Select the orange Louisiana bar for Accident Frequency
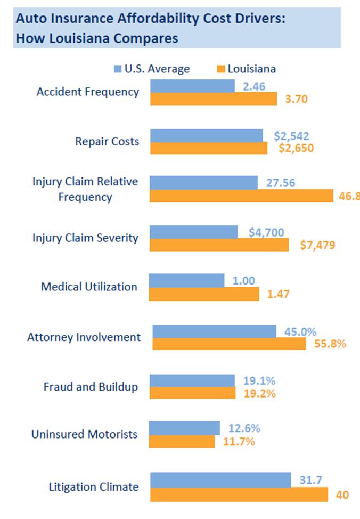coord(214,99)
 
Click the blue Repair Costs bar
coord(207,135)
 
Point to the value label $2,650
coord(296,148)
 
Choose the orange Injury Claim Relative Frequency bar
coord(241,196)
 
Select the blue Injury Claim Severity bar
coord(194,232)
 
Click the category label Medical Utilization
coord(89,287)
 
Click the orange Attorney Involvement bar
coord(229,344)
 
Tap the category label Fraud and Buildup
coord(90,387)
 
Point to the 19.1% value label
coord(259,380)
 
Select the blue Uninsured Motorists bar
coord(184,428)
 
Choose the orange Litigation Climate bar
coord(239,494)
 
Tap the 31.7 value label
coord(310,481)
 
